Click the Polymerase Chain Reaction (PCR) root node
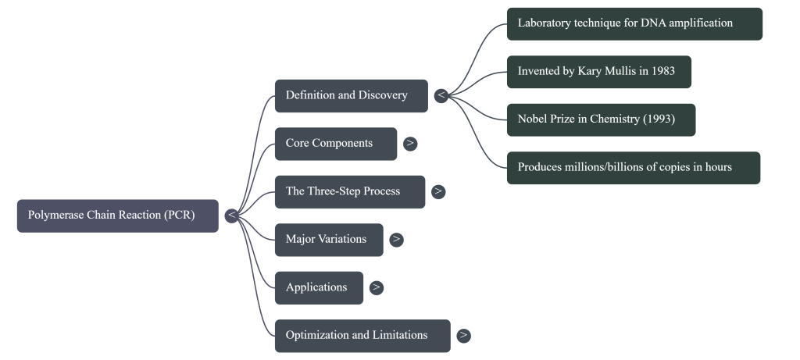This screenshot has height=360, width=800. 117,216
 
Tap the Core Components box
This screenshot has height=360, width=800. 335,144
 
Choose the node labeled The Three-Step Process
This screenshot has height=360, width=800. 349,191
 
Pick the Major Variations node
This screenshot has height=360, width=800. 328,239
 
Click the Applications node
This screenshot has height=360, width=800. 319,287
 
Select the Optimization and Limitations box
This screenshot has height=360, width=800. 362,335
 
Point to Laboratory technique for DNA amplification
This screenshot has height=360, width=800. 634,23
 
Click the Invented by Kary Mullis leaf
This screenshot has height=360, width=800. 598,72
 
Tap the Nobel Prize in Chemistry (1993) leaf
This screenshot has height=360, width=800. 600,119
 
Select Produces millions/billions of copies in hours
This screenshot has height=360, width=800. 633,167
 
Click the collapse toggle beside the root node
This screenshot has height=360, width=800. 231,216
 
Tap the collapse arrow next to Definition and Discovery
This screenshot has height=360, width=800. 441,95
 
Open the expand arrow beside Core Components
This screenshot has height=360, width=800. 410,144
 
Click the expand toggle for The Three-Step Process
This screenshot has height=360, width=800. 438,191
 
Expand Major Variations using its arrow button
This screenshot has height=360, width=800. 397,239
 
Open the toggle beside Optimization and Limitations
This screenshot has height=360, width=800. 463,335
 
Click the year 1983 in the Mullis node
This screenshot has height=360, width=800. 662,72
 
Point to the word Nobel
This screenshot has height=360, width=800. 533,119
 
